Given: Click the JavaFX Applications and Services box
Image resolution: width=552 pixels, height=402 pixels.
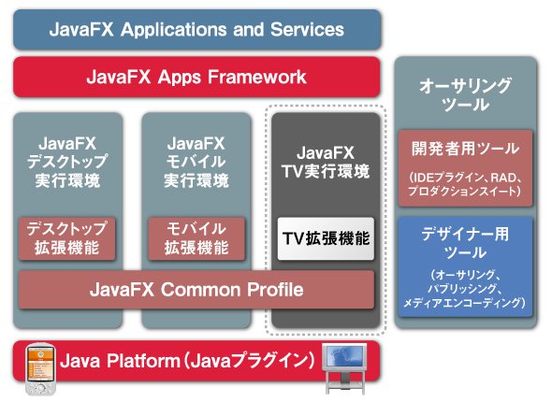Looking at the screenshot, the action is click(197, 30).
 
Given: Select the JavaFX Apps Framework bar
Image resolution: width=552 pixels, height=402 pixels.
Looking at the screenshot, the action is click(196, 77).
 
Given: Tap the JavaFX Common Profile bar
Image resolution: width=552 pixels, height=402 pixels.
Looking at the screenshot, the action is click(196, 290).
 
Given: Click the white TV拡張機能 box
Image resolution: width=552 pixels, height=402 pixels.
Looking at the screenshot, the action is click(326, 238).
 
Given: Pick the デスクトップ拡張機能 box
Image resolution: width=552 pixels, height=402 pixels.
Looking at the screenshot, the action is click(66, 238).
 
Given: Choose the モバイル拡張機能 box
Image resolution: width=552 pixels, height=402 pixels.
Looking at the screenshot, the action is click(196, 238).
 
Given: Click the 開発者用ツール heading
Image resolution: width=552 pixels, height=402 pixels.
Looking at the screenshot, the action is click(465, 149).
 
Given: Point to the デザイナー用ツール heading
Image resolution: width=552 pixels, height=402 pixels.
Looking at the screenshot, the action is click(465, 243).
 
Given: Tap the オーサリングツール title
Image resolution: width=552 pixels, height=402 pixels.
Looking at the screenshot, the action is click(465, 95).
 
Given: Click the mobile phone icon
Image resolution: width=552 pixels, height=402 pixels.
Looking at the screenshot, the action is click(41, 369).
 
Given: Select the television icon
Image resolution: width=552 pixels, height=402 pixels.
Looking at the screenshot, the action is click(344, 368).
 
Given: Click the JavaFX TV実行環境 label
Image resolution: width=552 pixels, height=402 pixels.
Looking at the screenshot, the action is click(326, 162).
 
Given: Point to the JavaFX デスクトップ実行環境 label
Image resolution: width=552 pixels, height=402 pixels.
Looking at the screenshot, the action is click(66, 162).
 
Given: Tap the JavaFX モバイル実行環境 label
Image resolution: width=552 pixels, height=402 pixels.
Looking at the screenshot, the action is click(196, 162).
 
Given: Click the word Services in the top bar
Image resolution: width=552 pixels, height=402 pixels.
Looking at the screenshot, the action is click(307, 29).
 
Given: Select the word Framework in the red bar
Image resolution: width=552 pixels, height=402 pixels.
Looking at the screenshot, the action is click(257, 77).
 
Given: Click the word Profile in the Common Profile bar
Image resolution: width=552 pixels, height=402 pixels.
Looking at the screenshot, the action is click(275, 290).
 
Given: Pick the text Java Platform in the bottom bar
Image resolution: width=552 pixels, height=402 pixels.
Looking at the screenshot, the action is click(120, 361).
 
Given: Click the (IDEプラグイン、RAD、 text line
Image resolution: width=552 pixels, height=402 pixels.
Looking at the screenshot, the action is click(465, 178).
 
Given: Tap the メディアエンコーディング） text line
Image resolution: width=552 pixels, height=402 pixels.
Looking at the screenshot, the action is click(465, 303).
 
